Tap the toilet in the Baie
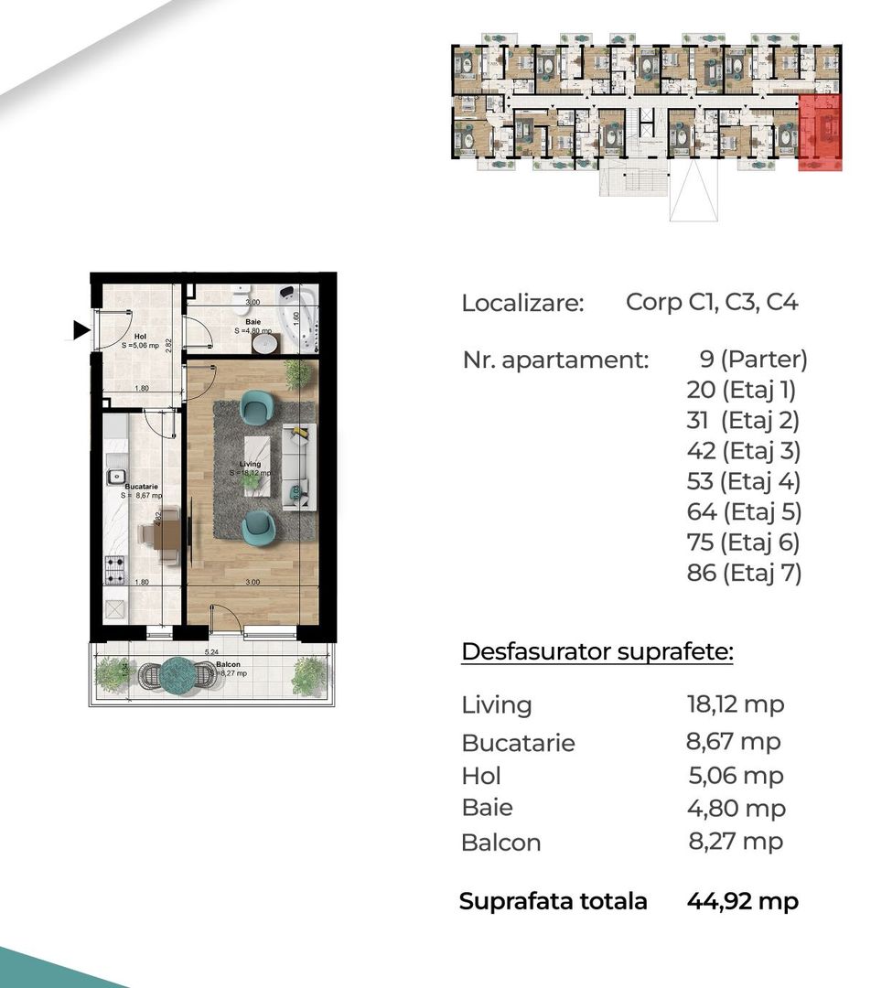(241, 297)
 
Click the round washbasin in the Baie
(264, 344)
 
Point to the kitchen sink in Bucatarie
(116, 477)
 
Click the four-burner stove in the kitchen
(115, 570)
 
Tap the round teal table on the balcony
(178, 674)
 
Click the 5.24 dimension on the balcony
(211, 652)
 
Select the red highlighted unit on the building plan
(820, 133)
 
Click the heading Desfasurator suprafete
(597, 652)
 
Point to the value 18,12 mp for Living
(736, 704)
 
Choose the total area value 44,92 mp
(742, 901)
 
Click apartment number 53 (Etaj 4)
(743, 481)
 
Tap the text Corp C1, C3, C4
(712, 302)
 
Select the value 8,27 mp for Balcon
(736, 842)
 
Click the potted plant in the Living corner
(297, 373)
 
